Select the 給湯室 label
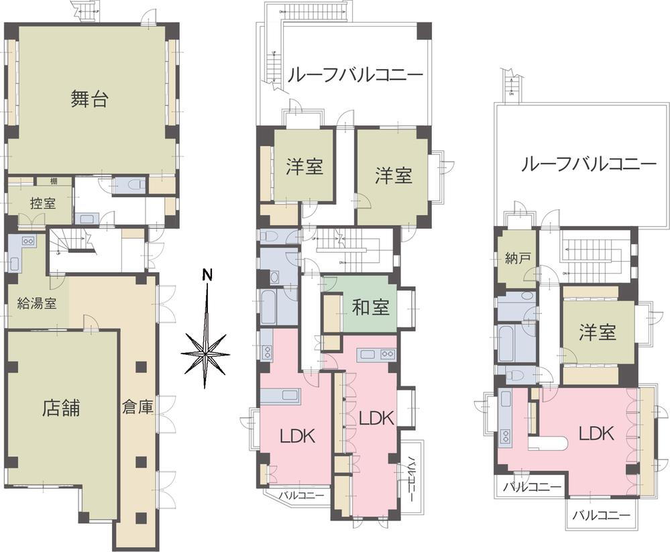(37, 302)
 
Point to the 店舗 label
(60, 407)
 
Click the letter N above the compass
(208, 275)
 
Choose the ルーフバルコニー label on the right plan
(588, 164)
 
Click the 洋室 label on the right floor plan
(598, 333)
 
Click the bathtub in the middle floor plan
(270, 307)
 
